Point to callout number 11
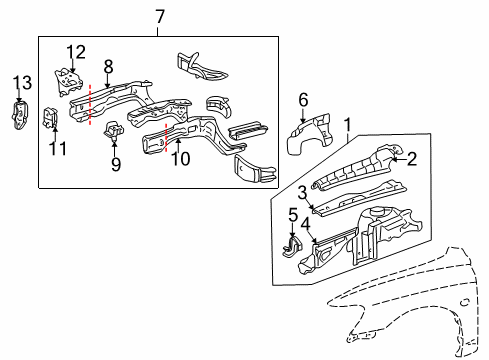click(x=57, y=150)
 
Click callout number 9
click(x=116, y=164)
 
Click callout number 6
click(x=304, y=98)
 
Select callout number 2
click(x=411, y=156)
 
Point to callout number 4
click(x=305, y=225)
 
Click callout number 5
click(x=292, y=213)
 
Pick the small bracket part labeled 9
click(x=114, y=130)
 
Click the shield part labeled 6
click(x=304, y=139)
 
